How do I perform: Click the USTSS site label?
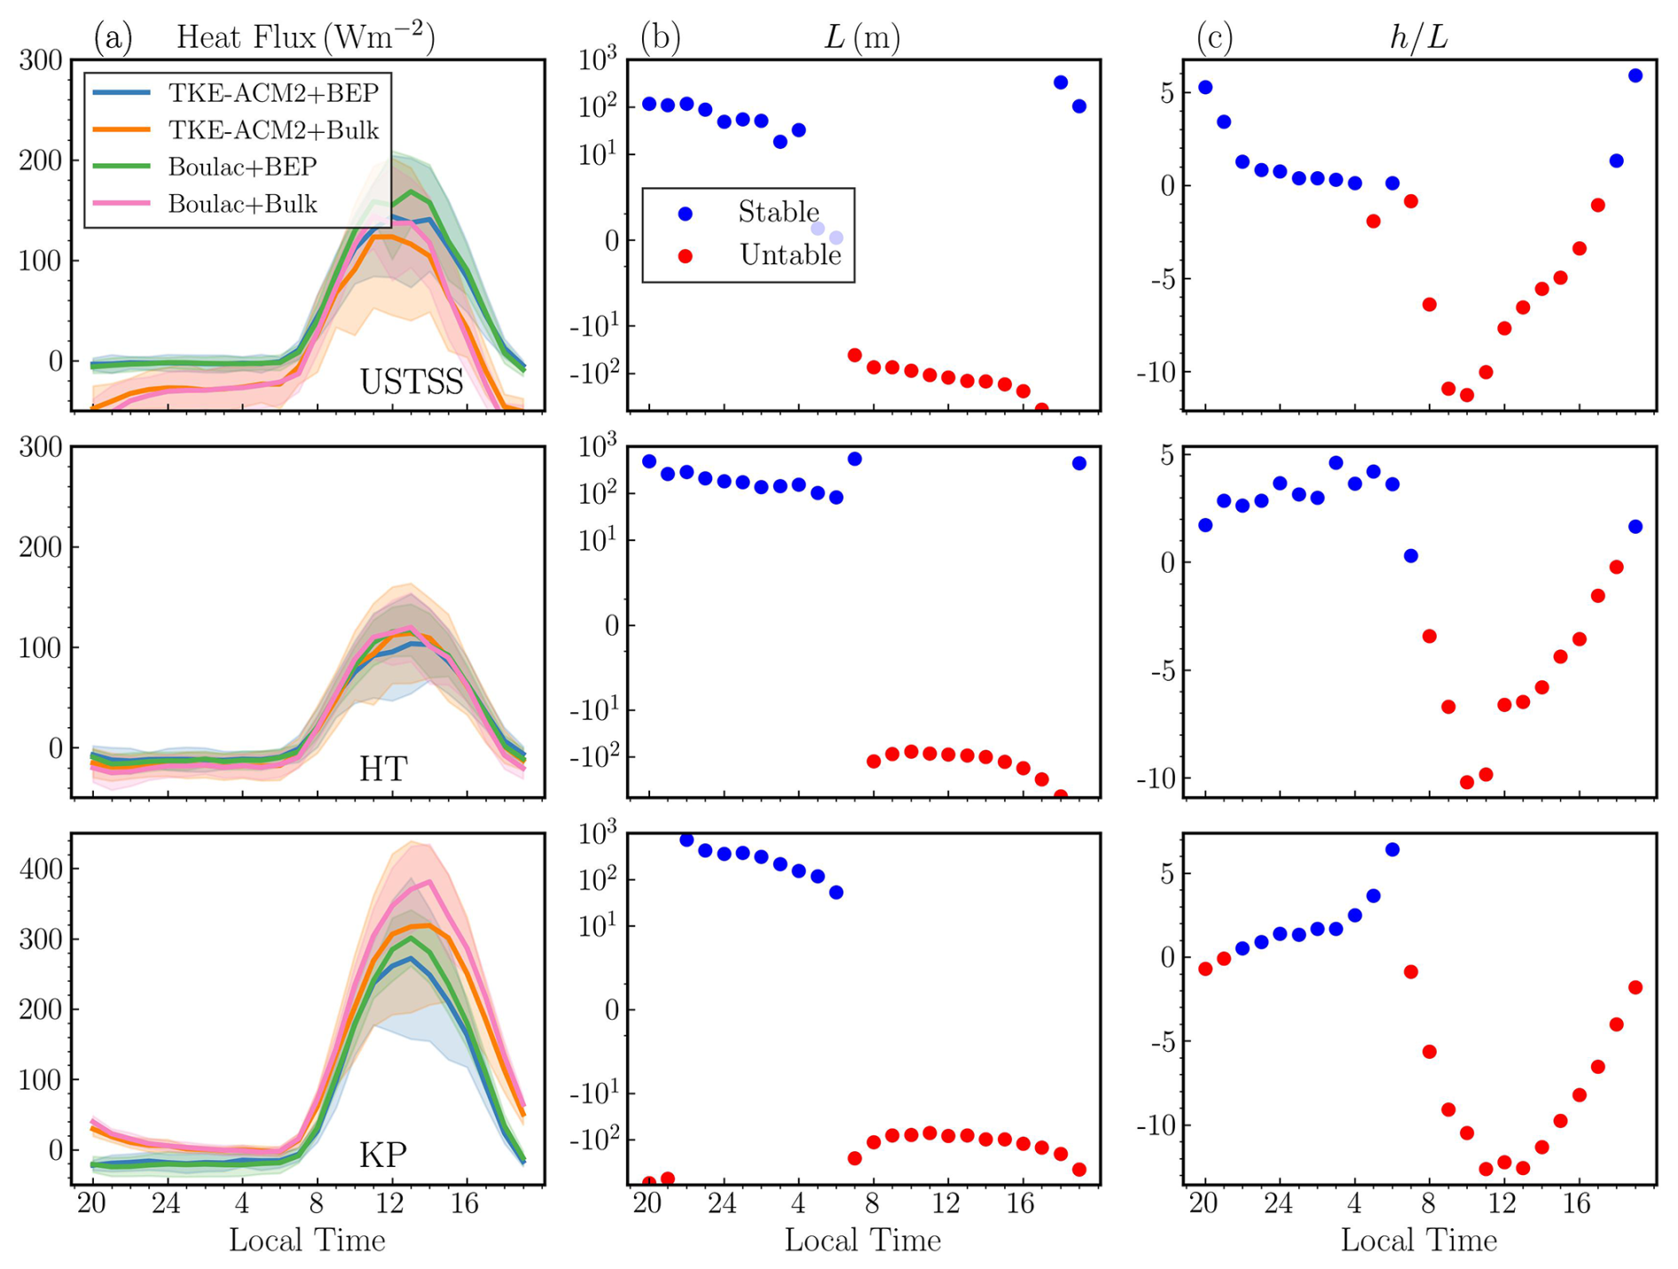tap(412, 382)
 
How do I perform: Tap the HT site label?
tap(383, 769)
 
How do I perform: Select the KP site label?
tap(383, 1155)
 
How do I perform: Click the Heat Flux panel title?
tap(305, 37)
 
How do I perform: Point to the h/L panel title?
tap(1418, 37)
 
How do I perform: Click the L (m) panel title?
tap(862, 37)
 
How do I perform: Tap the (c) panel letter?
tap(1214, 37)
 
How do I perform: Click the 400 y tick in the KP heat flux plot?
tap(42, 869)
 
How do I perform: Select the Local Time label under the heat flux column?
tap(307, 1240)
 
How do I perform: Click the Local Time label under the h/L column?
tap(1418, 1240)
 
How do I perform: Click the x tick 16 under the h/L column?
tap(1576, 1204)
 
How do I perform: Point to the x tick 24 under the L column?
tap(723, 1204)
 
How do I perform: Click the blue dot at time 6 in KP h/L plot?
tap(1392, 850)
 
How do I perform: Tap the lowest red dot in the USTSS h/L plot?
tap(1467, 396)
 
